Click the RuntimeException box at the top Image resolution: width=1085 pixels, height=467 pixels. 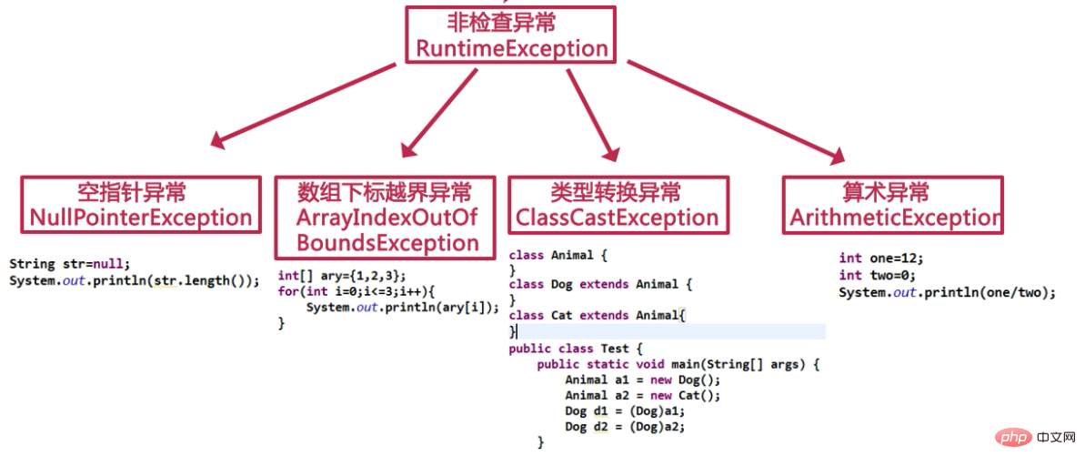coord(510,35)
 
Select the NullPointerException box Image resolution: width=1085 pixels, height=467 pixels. coord(141,205)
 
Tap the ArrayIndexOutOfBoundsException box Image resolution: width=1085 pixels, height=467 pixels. coord(387,217)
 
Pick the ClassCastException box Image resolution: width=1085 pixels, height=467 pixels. coord(618,205)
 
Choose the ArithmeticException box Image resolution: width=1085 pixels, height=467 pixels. coord(892,205)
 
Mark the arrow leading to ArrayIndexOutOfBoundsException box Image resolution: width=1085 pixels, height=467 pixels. coord(439,110)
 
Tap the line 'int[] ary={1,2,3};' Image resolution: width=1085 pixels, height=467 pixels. coord(342,276)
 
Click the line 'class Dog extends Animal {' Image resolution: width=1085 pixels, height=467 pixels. coord(600,285)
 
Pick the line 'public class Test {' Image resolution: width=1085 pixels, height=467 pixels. coord(576,349)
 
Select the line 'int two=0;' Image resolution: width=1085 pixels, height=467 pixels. coord(877,275)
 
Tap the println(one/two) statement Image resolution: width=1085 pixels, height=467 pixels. coord(947,292)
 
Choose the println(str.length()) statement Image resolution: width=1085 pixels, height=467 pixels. coord(134,280)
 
